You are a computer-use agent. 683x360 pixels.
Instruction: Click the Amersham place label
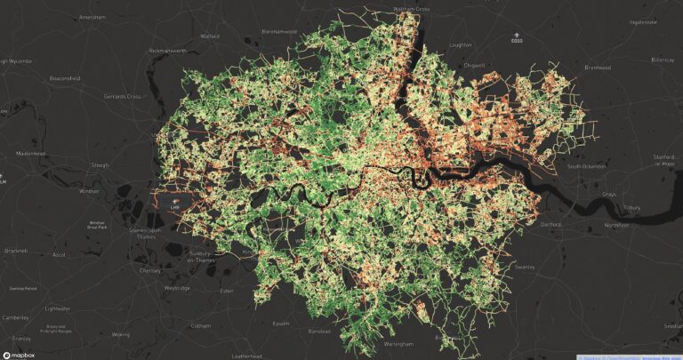pyautogui.click(x=92, y=17)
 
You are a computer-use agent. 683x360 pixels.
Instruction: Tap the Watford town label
pyautogui.click(x=210, y=36)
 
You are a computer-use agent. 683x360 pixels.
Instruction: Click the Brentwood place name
pyautogui.click(x=598, y=68)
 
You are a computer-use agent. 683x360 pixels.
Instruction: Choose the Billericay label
pyautogui.click(x=663, y=60)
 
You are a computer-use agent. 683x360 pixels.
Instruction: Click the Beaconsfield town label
pyautogui.click(x=64, y=78)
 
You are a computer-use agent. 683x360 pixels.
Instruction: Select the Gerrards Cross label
pyautogui.click(x=122, y=96)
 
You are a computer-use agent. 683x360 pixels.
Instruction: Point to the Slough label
pyautogui.click(x=100, y=165)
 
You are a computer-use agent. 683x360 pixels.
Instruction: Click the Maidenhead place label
pyautogui.click(x=30, y=153)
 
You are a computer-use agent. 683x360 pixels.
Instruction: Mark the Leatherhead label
pyautogui.click(x=245, y=356)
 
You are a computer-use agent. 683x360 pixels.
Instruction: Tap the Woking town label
pyautogui.click(x=120, y=334)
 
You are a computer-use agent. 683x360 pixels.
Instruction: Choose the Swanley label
pyautogui.click(x=524, y=266)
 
